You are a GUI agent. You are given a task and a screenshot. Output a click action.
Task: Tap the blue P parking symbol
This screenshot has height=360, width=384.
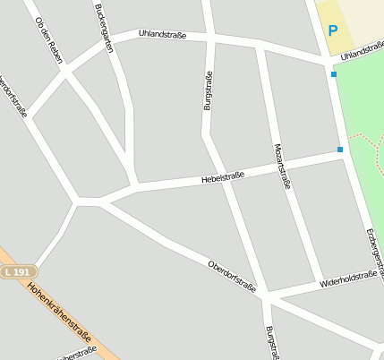coord(333,30)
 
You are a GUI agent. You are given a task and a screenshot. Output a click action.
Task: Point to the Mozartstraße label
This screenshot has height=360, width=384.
coord(283,167)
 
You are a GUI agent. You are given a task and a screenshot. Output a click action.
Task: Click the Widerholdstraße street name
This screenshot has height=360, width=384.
coord(347,281)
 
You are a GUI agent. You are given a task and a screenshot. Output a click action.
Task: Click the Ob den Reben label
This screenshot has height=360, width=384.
coord(48,40)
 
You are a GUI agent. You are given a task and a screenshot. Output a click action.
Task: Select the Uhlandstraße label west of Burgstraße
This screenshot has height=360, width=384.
coord(163,35)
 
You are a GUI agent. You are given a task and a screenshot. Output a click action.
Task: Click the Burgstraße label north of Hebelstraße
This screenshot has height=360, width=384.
coord(209,90)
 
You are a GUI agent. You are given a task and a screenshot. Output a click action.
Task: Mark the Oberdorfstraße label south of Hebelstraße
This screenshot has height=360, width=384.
coord(232,276)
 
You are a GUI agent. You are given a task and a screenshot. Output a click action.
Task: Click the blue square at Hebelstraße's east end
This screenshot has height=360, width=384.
coord(340,150)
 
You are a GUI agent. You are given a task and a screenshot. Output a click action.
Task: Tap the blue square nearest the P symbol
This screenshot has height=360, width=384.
coord(334,74)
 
